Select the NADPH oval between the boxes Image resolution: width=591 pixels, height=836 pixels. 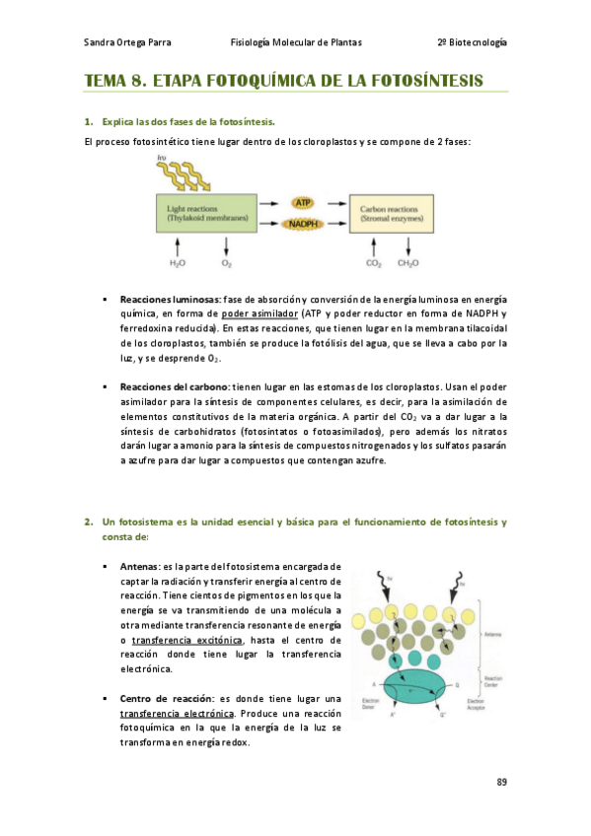pyautogui.click(x=304, y=224)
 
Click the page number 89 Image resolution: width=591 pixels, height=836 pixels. pyautogui.click(x=501, y=782)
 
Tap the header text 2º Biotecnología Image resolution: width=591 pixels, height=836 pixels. pyautogui.click(x=472, y=42)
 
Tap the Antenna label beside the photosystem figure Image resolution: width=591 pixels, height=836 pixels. pyautogui.click(x=490, y=634)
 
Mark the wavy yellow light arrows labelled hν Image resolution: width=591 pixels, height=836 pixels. pyautogui.click(x=191, y=177)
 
